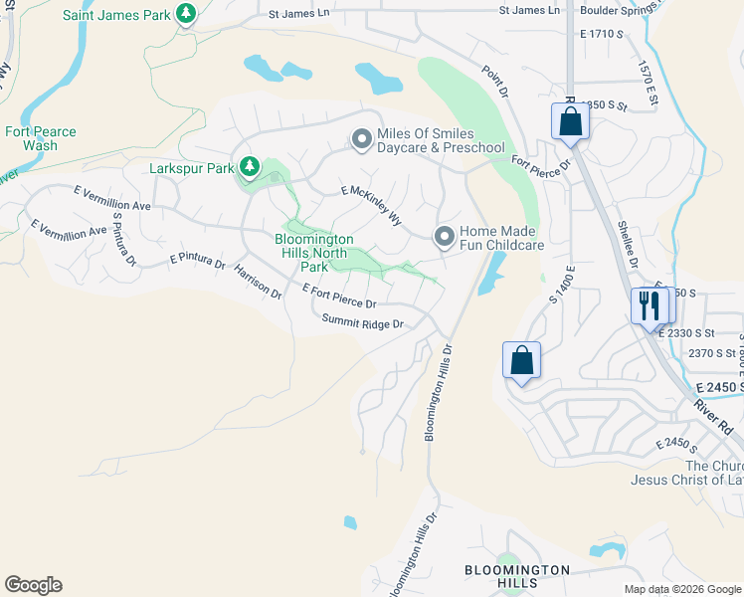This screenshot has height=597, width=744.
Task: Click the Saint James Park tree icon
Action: pyautogui.click(x=185, y=13)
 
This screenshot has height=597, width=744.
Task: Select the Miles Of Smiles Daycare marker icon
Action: pyautogui.click(x=362, y=140)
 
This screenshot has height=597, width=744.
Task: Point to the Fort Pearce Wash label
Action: pyautogui.click(x=40, y=138)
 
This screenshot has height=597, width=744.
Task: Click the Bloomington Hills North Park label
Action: pyautogui.click(x=314, y=253)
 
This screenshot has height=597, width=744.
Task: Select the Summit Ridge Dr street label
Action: pyautogui.click(x=362, y=323)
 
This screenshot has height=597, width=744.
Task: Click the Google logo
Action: pyautogui.click(x=33, y=585)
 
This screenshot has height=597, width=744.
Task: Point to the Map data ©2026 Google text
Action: pyautogui.click(x=682, y=589)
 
